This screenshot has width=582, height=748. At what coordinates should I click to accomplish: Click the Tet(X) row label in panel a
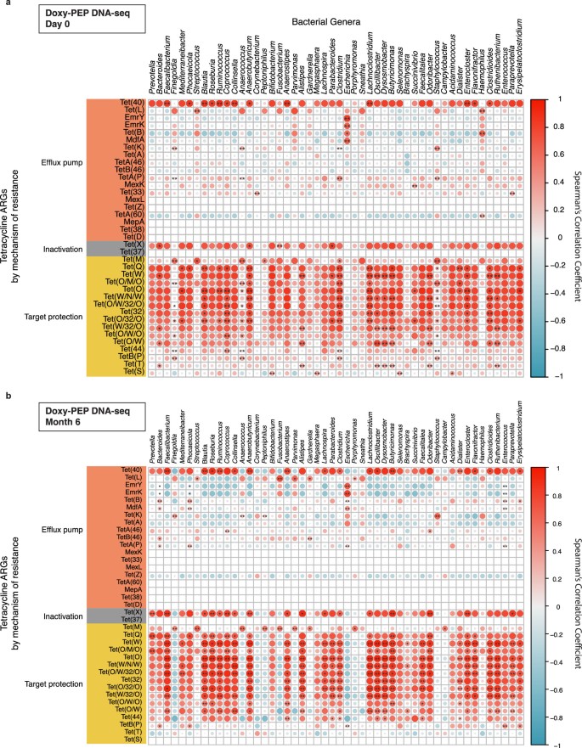click(133, 221)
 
